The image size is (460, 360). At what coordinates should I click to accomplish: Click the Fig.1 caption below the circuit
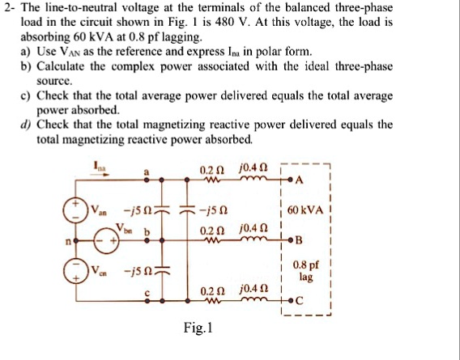pyautogui.click(x=198, y=329)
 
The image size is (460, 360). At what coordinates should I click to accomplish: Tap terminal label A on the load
pyautogui.click(x=301, y=178)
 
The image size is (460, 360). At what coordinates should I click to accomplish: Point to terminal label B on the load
pyautogui.click(x=301, y=240)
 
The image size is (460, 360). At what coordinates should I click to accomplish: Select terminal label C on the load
pyautogui.click(x=301, y=302)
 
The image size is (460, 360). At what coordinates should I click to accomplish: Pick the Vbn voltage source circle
pyautogui.click(x=104, y=240)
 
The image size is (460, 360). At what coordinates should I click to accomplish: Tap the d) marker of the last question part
pyautogui.click(x=26, y=125)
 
